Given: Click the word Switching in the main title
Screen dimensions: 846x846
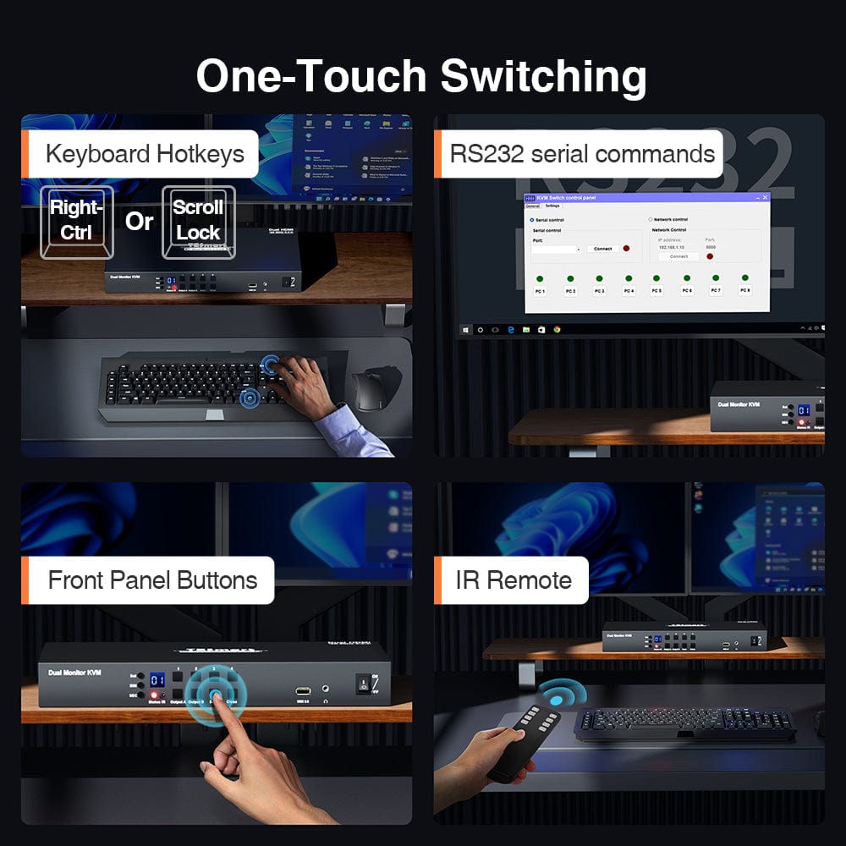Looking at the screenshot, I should pyautogui.click(x=544, y=76).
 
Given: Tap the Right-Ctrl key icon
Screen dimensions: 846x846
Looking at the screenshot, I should pyautogui.click(x=76, y=220).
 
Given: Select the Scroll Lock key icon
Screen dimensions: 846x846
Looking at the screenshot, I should pyautogui.click(x=198, y=220).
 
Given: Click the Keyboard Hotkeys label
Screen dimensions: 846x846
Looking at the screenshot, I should pyautogui.click(x=145, y=154).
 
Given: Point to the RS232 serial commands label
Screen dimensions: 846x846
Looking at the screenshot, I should pyautogui.click(x=582, y=154).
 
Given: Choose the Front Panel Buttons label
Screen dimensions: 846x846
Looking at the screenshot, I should pyautogui.click(x=152, y=580).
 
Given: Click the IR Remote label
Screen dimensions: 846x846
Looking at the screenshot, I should pyautogui.click(x=514, y=580).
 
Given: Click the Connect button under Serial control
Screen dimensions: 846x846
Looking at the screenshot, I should pyautogui.click(x=602, y=249).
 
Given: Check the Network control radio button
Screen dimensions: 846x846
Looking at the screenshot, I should pyautogui.click(x=651, y=219).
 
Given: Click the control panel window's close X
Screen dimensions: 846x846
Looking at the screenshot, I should pyautogui.click(x=765, y=197).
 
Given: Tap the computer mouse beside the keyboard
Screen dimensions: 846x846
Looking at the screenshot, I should pyautogui.click(x=370, y=390).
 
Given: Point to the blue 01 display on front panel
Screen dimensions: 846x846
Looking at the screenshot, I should pyautogui.click(x=157, y=679).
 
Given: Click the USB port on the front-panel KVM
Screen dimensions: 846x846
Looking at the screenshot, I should pyautogui.click(x=303, y=690).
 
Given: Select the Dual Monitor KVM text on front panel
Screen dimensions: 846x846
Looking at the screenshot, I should pyautogui.click(x=76, y=672).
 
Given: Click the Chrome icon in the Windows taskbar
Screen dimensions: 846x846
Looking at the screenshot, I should pyautogui.click(x=557, y=329).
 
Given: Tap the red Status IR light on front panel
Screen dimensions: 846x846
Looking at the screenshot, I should pyautogui.click(x=155, y=695).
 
